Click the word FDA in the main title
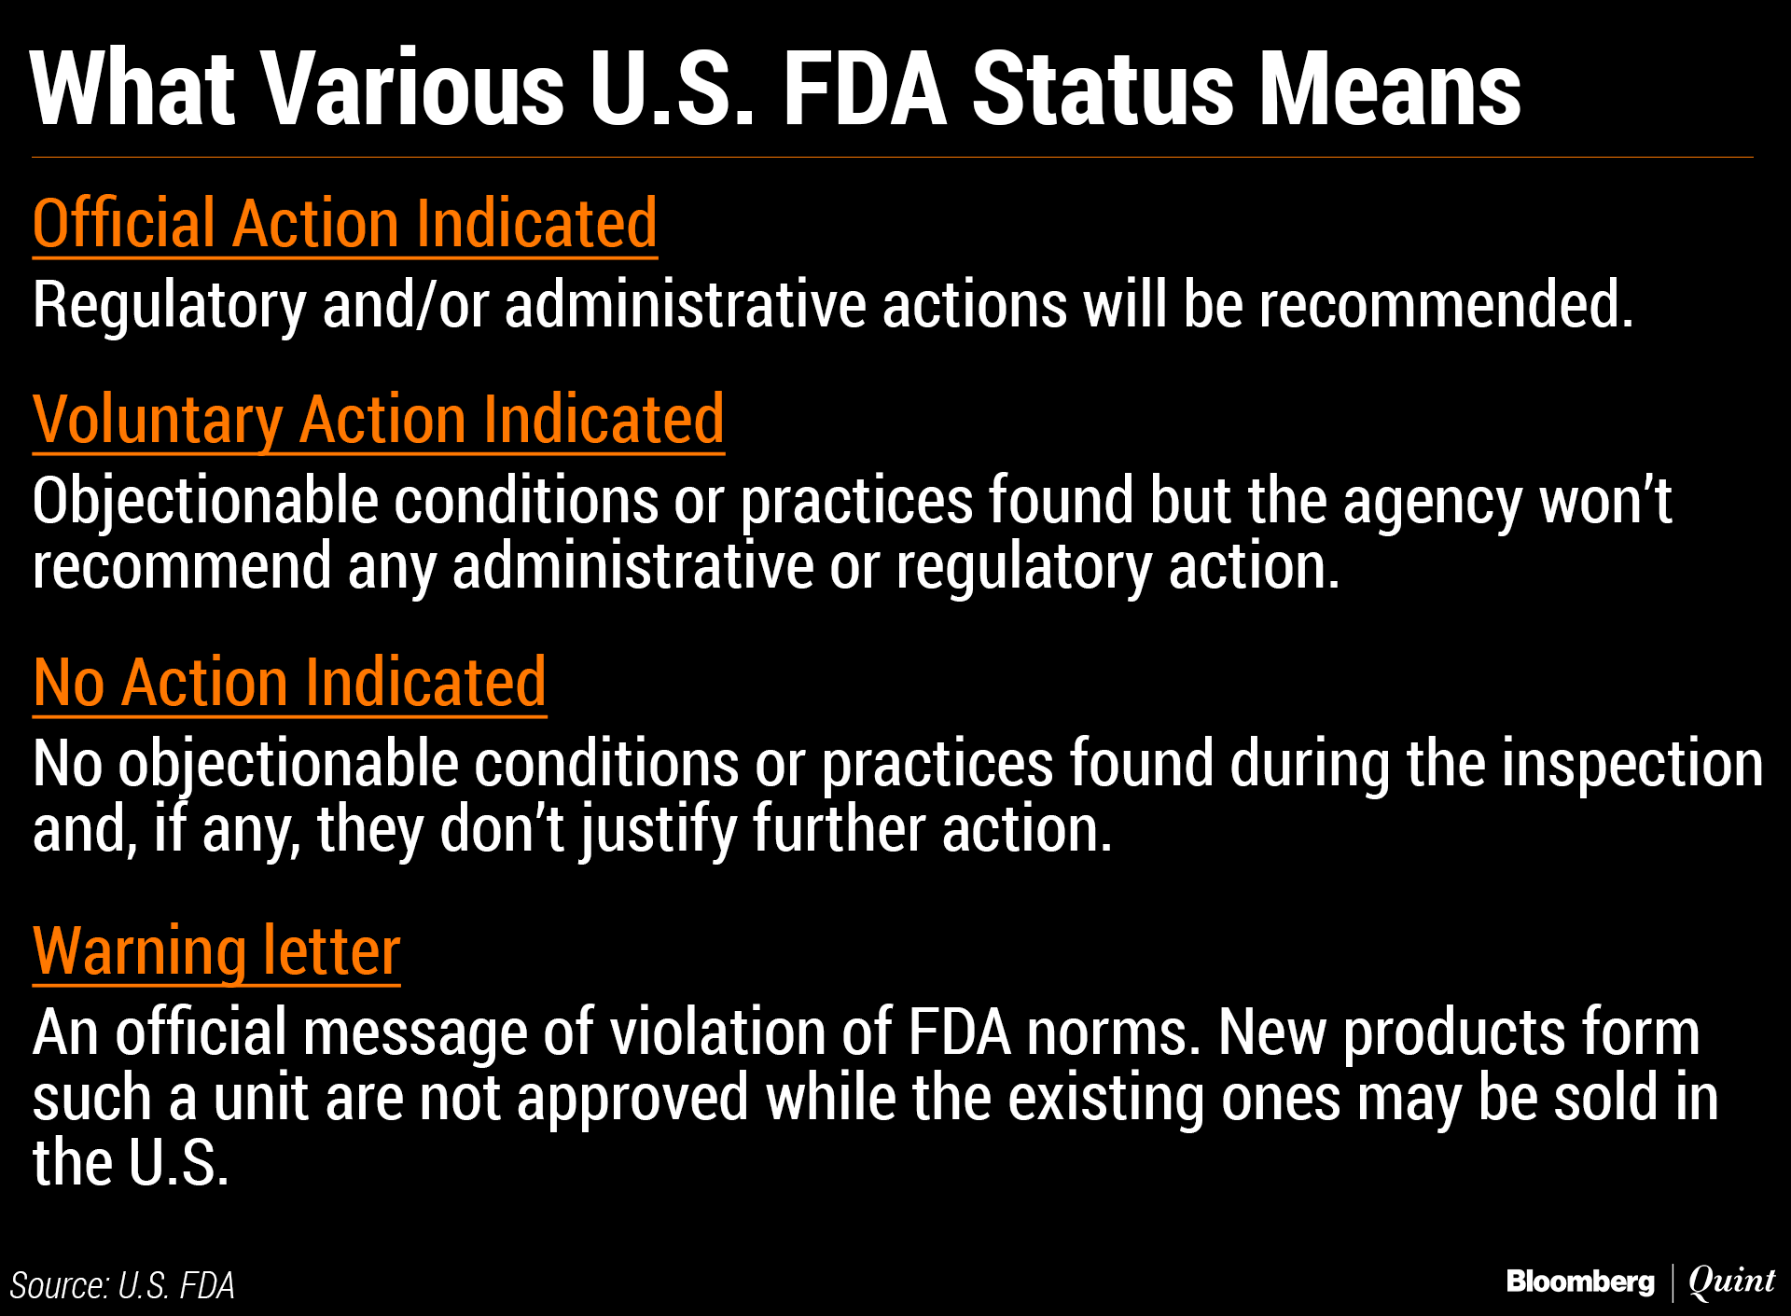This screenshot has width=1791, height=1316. pos(865,89)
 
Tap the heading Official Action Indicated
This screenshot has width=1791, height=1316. pos(345,225)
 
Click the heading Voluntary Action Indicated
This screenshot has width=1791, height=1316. pos(379,422)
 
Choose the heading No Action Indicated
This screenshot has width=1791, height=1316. pos(290,684)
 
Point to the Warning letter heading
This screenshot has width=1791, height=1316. pos(216,953)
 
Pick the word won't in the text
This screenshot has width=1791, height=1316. pos(1605,502)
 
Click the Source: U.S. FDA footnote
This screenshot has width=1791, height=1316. pos(122,1286)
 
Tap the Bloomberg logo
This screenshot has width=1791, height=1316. pos(1580,1282)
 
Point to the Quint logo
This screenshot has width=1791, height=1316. pos(1731,1282)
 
